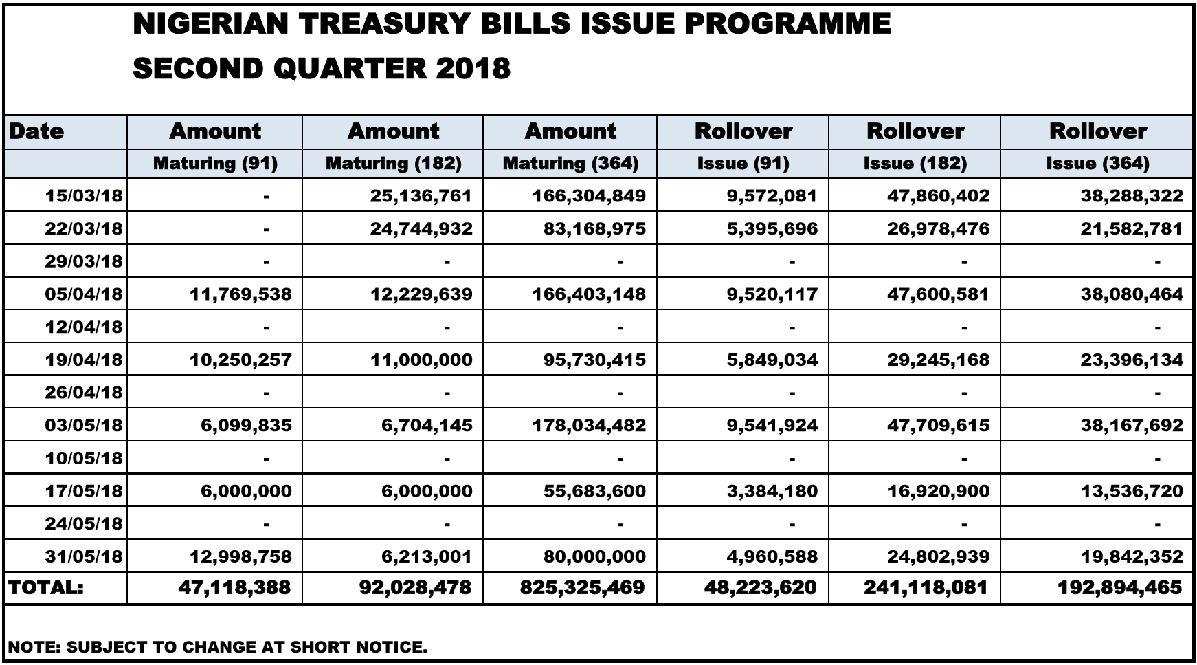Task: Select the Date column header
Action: click(x=36, y=131)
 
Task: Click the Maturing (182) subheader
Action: click(x=393, y=164)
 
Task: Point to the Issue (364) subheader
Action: click(x=1097, y=164)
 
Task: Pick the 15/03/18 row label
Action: click(x=84, y=196)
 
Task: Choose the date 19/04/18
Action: click(x=84, y=360)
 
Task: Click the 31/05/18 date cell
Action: click(x=84, y=556)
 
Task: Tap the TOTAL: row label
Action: click(x=45, y=588)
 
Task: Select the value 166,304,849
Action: click(x=589, y=196)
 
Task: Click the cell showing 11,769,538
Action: click(x=240, y=294)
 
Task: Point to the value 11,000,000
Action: click(x=421, y=360)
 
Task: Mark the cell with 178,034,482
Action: click(x=589, y=426)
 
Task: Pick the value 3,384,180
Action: click(x=772, y=491)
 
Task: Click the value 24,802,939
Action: click(x=938, y=556)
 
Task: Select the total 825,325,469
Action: click(x=583, y=588)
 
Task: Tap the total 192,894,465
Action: click(x=1120, y=588)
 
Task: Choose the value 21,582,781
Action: click(x=1132, y=229)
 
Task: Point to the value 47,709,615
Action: click(x=938, y=426)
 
